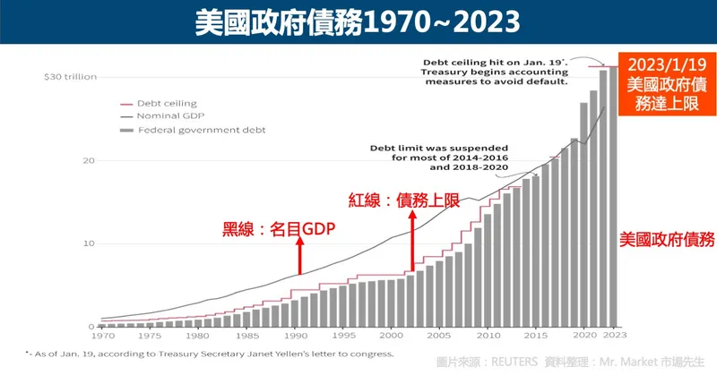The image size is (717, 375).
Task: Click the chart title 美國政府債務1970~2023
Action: pyautogui.click(x=358, y=22)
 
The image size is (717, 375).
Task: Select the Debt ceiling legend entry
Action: pyautogui.click(x=166, y=104)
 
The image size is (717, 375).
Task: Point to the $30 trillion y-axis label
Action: pyautogui.click(x=69, y=77)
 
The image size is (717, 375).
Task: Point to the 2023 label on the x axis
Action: pyautogui.click(x=614, y=337)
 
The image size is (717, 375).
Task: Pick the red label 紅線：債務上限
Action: pyautogui.click(x=403, y=200)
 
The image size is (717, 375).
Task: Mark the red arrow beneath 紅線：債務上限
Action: pyautogui.click(x=412, y=240)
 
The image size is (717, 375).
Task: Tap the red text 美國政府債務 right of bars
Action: pyautogui.click(x=667, y=239)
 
